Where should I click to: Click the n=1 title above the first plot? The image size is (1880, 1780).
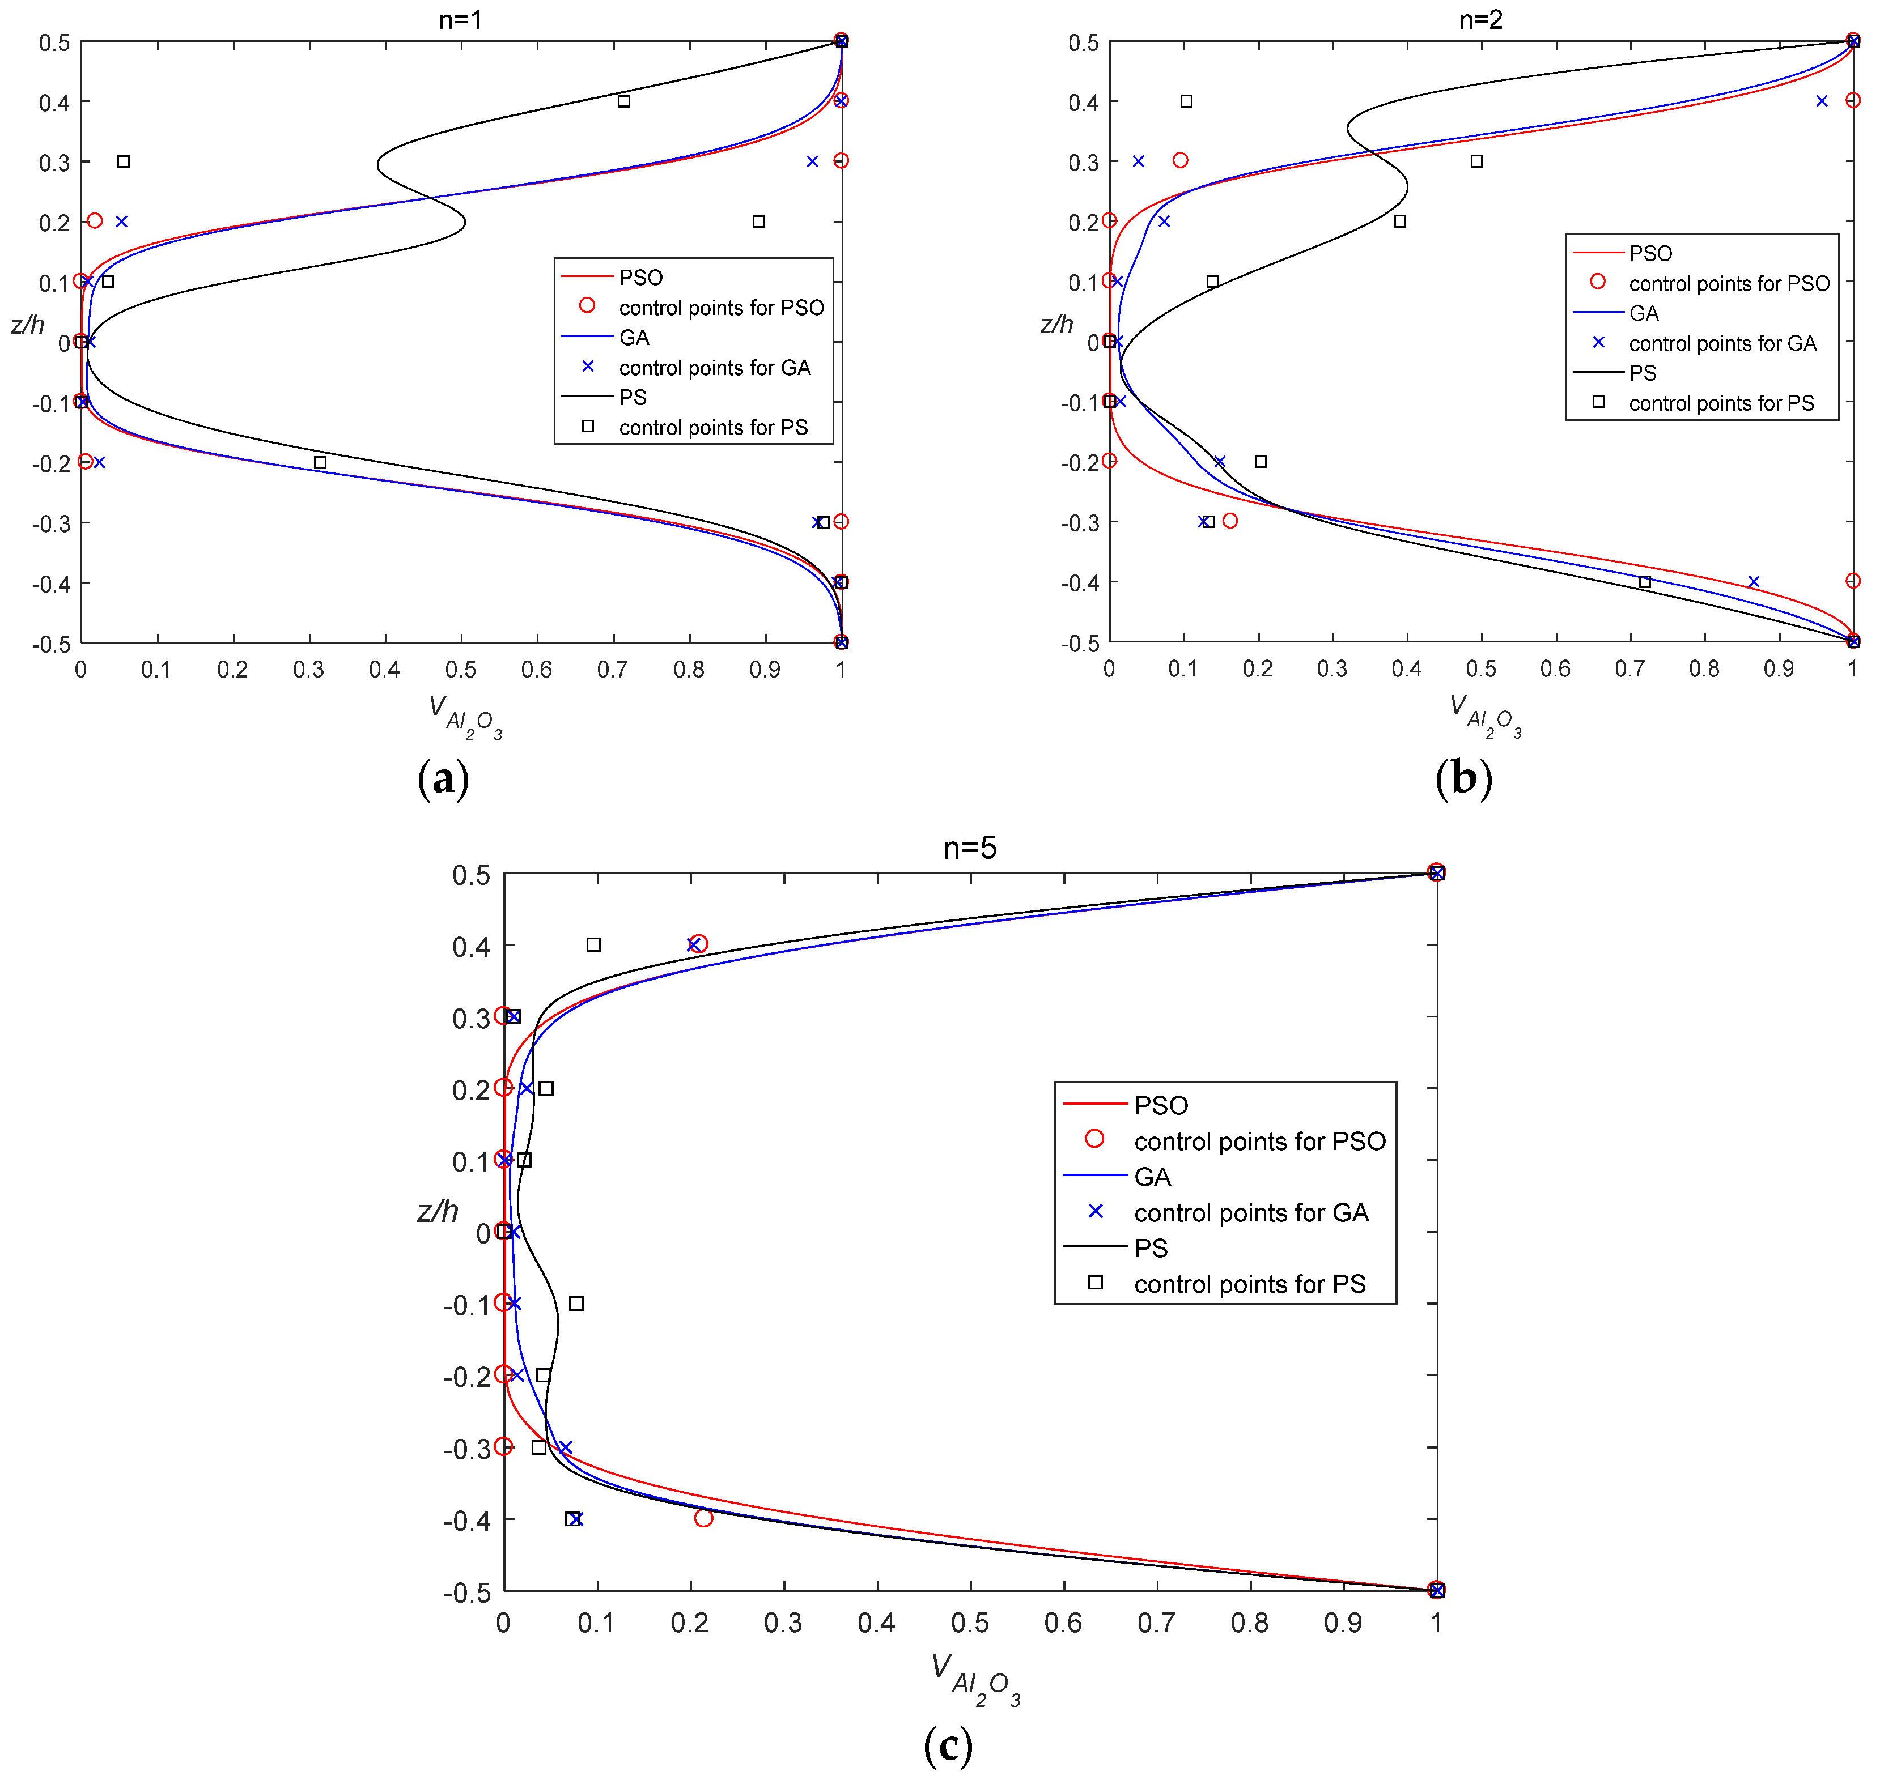[x=460, y=19]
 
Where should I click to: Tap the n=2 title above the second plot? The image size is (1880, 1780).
[x=1480, y=19]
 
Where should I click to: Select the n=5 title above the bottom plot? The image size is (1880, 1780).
[x=969, y=848]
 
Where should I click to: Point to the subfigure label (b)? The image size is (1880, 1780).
[x=1463, y=778]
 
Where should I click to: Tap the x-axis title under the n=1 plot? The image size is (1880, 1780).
[x=464, y=717]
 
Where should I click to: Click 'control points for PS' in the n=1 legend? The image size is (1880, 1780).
[x=712, y=428]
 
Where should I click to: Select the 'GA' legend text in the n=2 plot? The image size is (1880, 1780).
[x=1644, y=313]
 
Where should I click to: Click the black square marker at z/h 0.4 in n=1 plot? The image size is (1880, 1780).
[x=623, y=101]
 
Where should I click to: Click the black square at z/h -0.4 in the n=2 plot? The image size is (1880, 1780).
[x=1645, y=582]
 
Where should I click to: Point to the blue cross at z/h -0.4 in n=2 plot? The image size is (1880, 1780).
[x=1754, y=582]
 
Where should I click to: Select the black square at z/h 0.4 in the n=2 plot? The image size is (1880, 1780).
[x=1186, y=101]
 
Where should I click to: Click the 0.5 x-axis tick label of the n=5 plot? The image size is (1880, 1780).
[x=970, y=1623]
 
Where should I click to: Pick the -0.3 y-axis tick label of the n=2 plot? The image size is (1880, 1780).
[x=1080, y=523]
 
